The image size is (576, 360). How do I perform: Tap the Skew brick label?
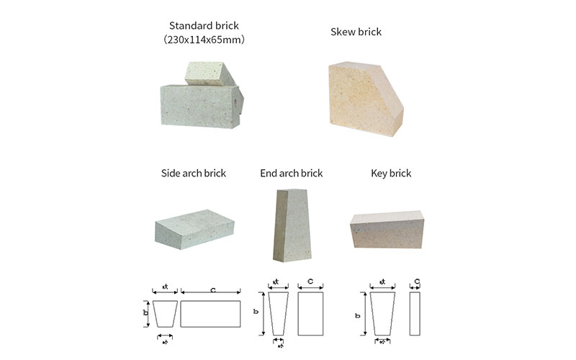click(356, 32)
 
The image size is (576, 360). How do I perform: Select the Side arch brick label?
click(194, 174)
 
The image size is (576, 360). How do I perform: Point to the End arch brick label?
click(292, 174)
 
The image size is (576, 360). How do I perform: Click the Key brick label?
click(391, 174)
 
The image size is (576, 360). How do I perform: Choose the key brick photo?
click(387, 228)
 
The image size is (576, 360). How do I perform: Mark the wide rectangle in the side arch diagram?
click(210, 314)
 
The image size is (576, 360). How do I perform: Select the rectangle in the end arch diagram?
click(310, 314)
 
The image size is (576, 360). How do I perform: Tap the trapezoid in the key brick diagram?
click(382, 314)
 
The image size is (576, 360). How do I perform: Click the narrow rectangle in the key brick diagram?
click(415, 314)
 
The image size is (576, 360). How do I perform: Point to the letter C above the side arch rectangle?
click(214, 290)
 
